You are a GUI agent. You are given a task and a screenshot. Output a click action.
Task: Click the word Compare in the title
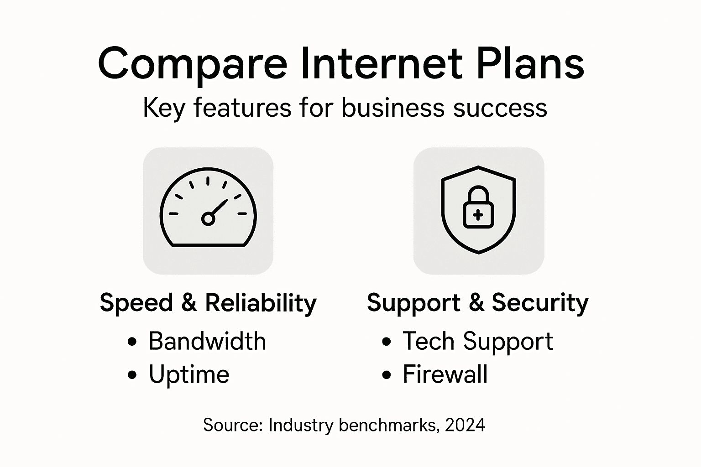coord(192,63)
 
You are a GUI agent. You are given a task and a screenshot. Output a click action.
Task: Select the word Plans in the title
coord(530,63)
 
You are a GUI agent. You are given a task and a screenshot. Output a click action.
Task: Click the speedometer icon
coord(208,211)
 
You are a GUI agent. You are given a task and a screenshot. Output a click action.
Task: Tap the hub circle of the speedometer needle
coord(208,219)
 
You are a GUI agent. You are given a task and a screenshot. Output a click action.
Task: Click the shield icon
coord(478,209)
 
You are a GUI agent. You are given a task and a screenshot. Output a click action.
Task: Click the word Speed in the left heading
coord(136,303)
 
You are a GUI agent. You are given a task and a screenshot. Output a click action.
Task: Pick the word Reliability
coord(261,303)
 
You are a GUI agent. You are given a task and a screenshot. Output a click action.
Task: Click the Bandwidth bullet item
coord(207,341)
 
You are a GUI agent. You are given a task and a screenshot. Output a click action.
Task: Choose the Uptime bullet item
coord(189,375)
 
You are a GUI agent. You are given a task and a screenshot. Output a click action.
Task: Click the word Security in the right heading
coord(540,303)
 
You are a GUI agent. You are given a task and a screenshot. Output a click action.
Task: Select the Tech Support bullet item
coord(478,341)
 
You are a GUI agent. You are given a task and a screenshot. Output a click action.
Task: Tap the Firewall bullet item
coord(445,375)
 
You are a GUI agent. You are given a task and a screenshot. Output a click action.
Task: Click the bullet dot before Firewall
coord(387,375)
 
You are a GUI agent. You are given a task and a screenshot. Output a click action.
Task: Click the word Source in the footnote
coord(232,425)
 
